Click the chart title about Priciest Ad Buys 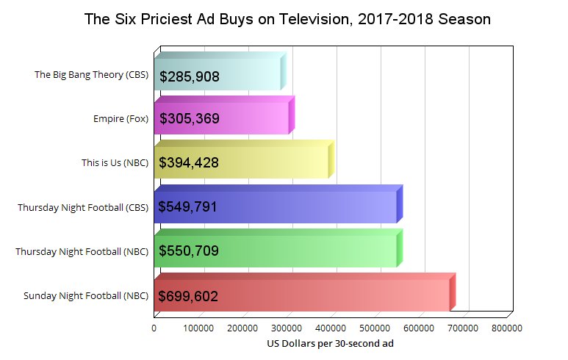click(x=287, y=19)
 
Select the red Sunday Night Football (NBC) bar click(x=331, y=295)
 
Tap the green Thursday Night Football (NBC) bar click(x=309, y=251)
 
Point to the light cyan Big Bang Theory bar click(x=242, y=75)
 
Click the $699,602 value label click(x=189, y=296)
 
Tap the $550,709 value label click(x=189, y=252)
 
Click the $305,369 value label click(x=189, y=119)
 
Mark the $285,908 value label click(x=189, y=76)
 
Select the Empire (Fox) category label click(x=121, y=119)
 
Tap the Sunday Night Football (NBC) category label click(x=86, y=295)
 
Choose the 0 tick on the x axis click(x=154, y=328)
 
